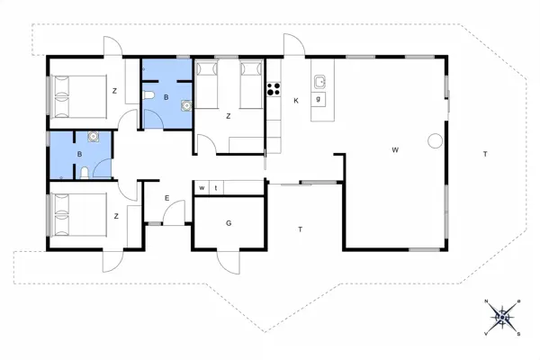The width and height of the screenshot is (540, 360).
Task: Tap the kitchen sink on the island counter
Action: [319, 82]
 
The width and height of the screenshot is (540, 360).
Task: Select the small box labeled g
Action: [319, 99]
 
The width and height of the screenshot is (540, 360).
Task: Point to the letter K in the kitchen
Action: [295, 100]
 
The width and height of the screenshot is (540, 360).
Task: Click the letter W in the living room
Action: [395, 149]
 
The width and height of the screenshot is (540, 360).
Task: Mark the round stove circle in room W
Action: [436, 140]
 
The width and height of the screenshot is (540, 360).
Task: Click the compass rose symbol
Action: [503, 316]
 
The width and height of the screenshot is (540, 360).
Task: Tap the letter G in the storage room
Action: [229, 222]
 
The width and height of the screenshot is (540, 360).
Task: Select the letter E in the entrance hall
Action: [166, 199]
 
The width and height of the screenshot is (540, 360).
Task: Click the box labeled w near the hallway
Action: [202, 187]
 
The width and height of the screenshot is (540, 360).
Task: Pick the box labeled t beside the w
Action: [216, 187]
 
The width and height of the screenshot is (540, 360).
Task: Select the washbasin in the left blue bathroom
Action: [92, 139]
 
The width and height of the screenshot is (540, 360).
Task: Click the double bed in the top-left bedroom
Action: [77, 96]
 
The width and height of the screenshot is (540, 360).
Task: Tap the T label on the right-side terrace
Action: [485, 155]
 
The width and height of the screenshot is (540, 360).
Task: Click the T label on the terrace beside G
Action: [300, 230]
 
